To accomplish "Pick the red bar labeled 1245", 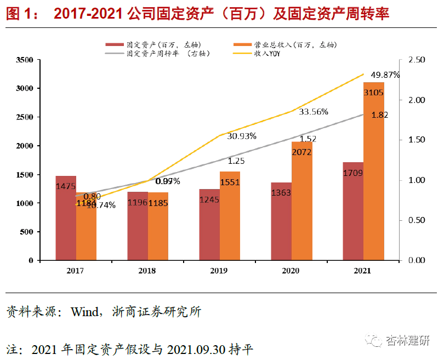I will point(209,225).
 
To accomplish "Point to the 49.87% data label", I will point(385,75).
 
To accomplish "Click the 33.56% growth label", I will point(314,112).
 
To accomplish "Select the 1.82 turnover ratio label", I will point(380,115).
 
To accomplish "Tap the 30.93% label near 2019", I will point(242,136).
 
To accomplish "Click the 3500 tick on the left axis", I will point(25,60).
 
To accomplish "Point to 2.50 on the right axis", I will point(417,60).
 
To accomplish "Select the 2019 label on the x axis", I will point(219,271).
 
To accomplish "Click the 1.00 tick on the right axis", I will point(417,180).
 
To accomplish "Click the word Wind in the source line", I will point(83,312).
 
